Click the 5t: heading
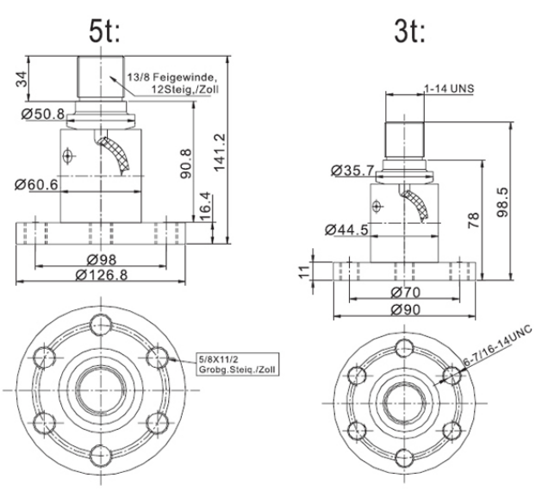point(104,32)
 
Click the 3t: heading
point(410,32)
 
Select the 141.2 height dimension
point(220,152)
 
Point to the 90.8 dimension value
point(186,164)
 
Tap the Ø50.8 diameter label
point(43,114)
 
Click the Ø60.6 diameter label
point(36,184)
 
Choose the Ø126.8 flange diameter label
point(102,276)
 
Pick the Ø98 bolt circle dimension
point(102,259)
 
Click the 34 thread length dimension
point(22,79)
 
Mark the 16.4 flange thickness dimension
point(205,206)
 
